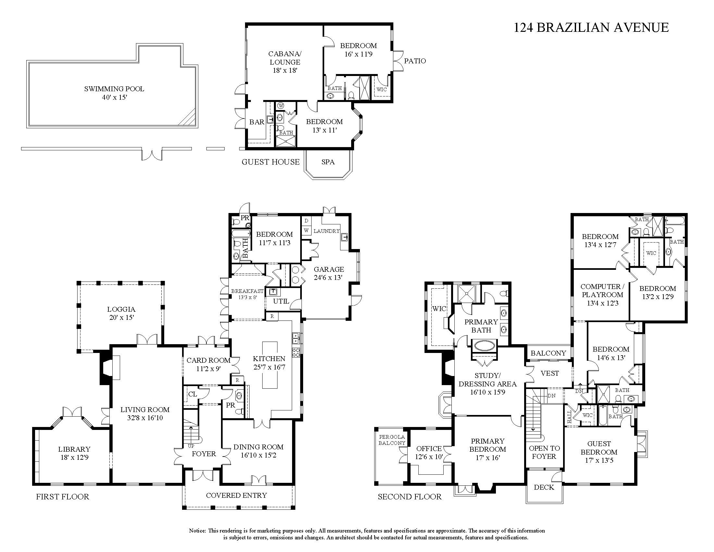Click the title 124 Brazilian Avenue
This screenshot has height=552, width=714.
[x=591, y=28]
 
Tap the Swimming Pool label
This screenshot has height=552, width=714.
[x=114, y=89]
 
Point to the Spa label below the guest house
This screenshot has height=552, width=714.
[x=328, y=162]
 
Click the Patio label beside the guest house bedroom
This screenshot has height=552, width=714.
[x=415, y=61]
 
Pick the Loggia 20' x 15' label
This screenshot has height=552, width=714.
[x=121, y=313]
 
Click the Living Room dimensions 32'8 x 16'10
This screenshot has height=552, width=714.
[x=144, y=418]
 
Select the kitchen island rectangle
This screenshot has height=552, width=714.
[x=270, y=365]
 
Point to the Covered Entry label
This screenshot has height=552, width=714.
[x=236, y=495]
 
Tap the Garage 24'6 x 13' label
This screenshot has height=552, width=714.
[x=328, y=273]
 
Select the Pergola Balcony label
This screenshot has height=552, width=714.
[x=392, y=440]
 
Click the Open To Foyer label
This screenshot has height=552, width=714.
[x=544, y=452]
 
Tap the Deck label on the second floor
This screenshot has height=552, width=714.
[x=544, y=487]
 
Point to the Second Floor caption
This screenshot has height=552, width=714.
[x=409, y=497]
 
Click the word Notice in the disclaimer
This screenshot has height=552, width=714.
[x=197, y=531]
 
